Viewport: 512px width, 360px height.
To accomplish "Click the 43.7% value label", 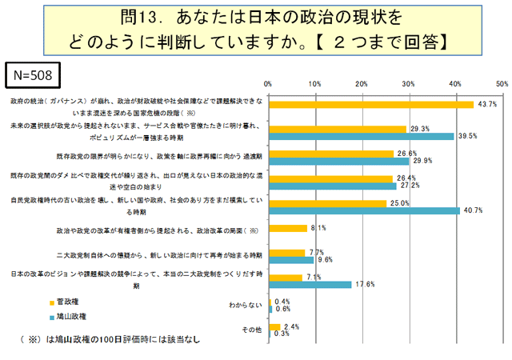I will click(487, 104).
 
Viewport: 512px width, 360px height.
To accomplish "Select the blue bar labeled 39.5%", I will click(361, 136).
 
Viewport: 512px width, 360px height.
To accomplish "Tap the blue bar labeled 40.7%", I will click(364, 210).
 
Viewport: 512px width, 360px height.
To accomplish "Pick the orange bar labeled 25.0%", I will click(328, 203).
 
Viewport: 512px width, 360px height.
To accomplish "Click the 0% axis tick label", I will click(268, 84).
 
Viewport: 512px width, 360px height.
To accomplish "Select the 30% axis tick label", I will click(409, 84).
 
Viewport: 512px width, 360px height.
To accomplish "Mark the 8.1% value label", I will click(318, 228).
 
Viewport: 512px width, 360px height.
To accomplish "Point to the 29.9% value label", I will click(422, 161).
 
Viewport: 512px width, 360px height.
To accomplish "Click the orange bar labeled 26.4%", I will click(330, 178).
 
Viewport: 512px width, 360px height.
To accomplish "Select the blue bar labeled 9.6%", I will click(290, 260).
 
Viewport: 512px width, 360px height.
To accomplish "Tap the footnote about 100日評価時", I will click(107, 339).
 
